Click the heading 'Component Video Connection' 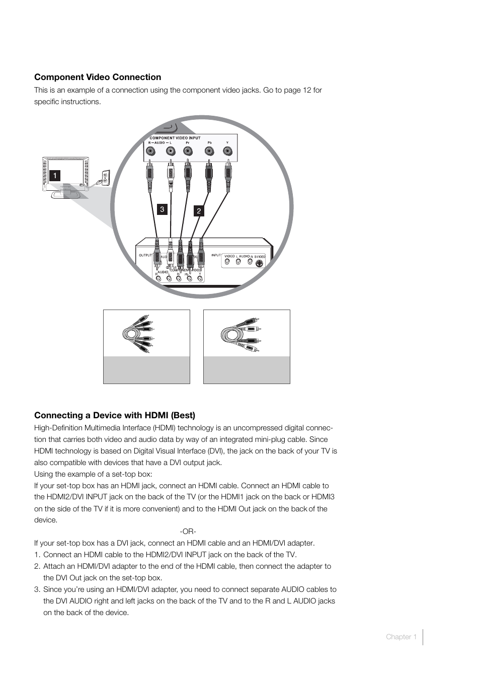pyautogui.click(x=98, y=77)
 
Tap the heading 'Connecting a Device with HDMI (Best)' pyautogui.click(x=115, y=415)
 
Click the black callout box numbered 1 pyautogui.click(x=54, y=176)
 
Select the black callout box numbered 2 pyautogui.click(x=199, y=211)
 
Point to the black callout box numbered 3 pyautogui.click(x=162, y=209)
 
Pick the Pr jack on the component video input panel pyautogui.click(x=188, y=150)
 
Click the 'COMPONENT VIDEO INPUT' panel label pyautogui.click(x=175, y=138)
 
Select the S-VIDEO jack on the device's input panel pyautogui.click(x=259, y=263)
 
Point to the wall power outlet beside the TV pyautogui.click(x=105, y=177)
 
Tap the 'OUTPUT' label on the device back pyautogui.click(x=145, y=255)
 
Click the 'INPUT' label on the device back pyautogui.click(x=216, y=255)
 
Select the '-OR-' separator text pyautogui.click(x=188, y=532)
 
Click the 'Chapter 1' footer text pyautogui.click(x=401, y=637)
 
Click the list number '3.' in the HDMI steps pyautogui.click(x=37, y=589)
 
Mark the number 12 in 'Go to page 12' pyautogui.click(x=306, y=90)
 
